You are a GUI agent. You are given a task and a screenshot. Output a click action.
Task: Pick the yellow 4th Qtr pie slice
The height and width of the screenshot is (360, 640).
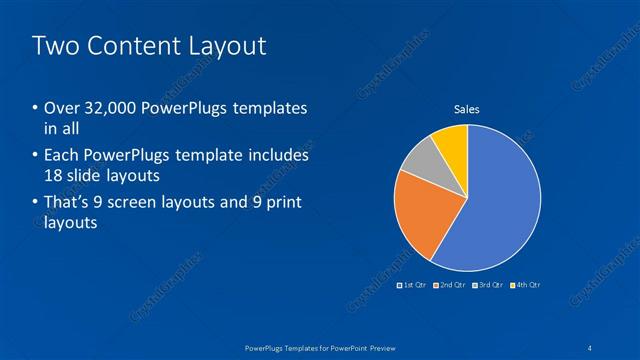(453, 145)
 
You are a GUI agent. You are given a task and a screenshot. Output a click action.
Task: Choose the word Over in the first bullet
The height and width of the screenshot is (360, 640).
(62, 108)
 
